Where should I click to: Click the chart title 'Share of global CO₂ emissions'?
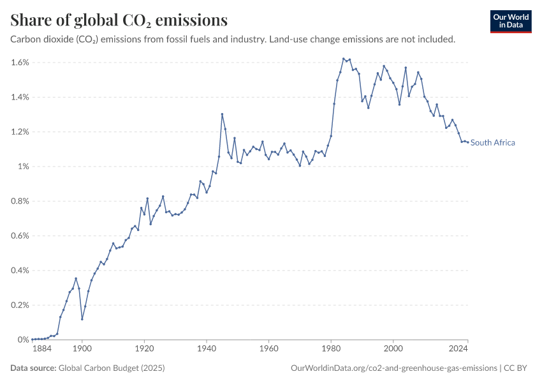coord(119,20)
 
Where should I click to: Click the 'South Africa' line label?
coord(493,143)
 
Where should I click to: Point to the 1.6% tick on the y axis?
coord(20,63)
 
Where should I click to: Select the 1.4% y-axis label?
coord(20,97)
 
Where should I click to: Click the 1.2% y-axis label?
coord(20,132)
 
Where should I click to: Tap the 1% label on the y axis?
coord(23,167)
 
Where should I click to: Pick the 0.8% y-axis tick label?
coord(20,201)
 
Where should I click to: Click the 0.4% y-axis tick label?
coord(20,271)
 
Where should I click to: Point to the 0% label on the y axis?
coord(23,340)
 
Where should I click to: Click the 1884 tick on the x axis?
coord(41,349)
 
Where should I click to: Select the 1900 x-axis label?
coord(82,349)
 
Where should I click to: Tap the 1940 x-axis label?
coord(207,349)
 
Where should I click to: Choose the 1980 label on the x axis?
coord(331,349)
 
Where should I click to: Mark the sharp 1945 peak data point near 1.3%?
coord(222,114)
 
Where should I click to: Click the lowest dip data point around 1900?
coord(82,319)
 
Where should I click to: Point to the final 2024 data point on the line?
coord(468,142)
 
